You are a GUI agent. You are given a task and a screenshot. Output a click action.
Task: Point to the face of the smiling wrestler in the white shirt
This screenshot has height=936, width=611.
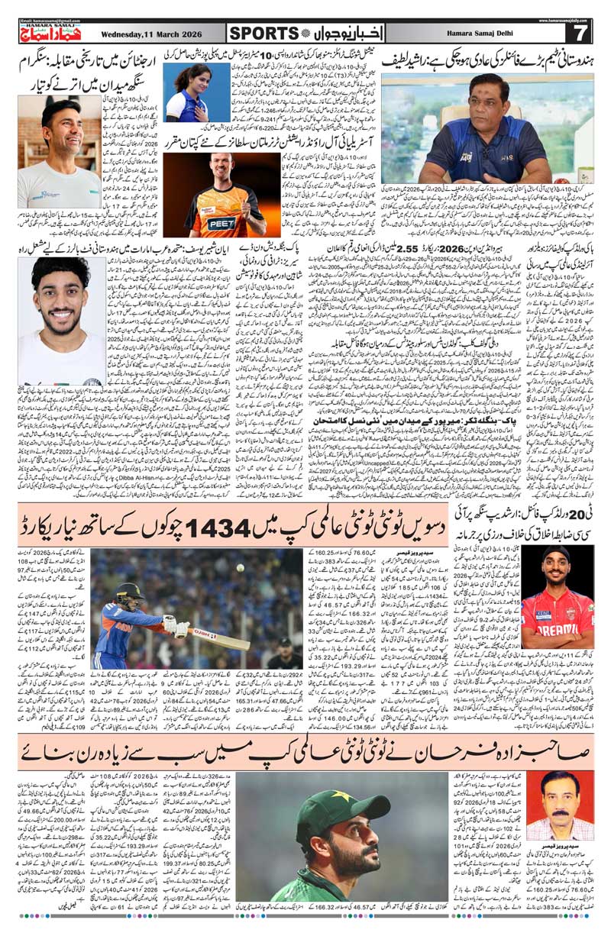tap(62, 129)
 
